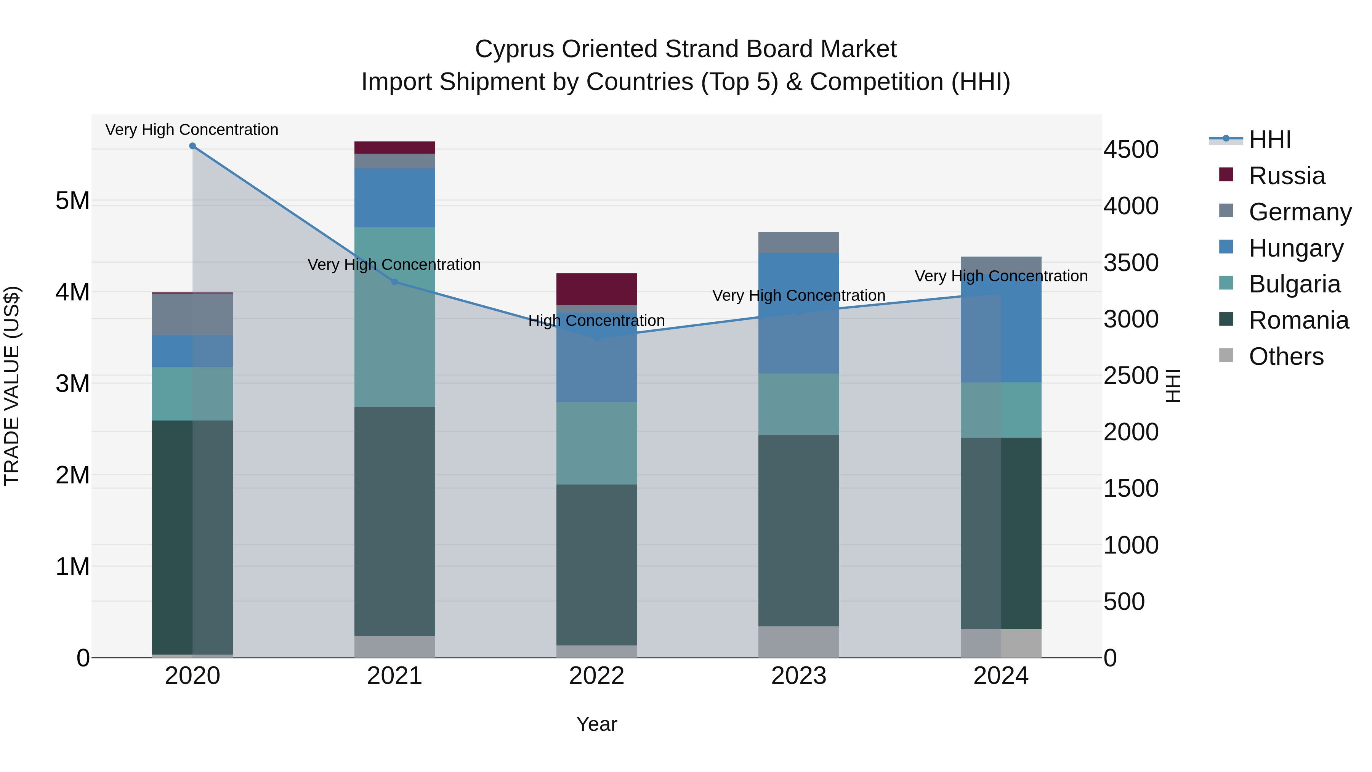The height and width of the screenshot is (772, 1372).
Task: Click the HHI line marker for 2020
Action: pos(192,146)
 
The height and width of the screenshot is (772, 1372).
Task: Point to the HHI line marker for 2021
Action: pos(395,282)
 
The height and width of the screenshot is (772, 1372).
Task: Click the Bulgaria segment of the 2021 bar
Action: pos(395,317)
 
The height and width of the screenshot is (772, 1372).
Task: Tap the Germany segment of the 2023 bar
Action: pos(798,242)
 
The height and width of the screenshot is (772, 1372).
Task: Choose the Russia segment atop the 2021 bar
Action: pos(395,148)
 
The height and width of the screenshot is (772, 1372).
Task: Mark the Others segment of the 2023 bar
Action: pos(798,642)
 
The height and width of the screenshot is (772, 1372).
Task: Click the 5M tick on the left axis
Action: pos(72,201)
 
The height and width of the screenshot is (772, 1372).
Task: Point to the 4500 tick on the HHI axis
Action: pos(1131,150)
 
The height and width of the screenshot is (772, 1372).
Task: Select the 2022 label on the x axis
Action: pos(596,676)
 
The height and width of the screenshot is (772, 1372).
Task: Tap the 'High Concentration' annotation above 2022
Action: pos(596,321)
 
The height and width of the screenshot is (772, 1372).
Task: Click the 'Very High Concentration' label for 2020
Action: pos(192,130)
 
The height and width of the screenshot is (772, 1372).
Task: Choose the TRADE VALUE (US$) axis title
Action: pos(12,386)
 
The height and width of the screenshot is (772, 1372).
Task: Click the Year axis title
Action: pos(596,724)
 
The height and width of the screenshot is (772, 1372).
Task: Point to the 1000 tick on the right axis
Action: pos(1131,545)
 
